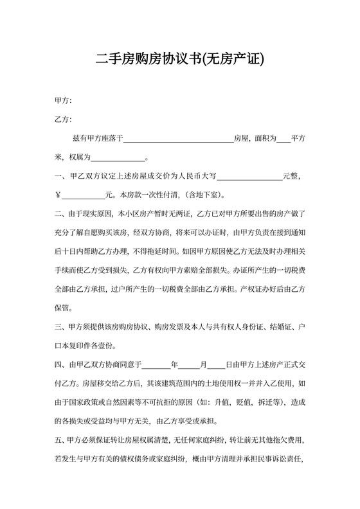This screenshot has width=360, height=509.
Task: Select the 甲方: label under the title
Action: pos(63,101)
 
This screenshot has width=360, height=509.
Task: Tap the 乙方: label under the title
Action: pos(63,120)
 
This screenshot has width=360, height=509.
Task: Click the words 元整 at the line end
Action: pos(294,176)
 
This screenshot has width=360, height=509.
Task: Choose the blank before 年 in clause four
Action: pos(156,365)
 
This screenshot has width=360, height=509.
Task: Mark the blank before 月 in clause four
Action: pos(191,365)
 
